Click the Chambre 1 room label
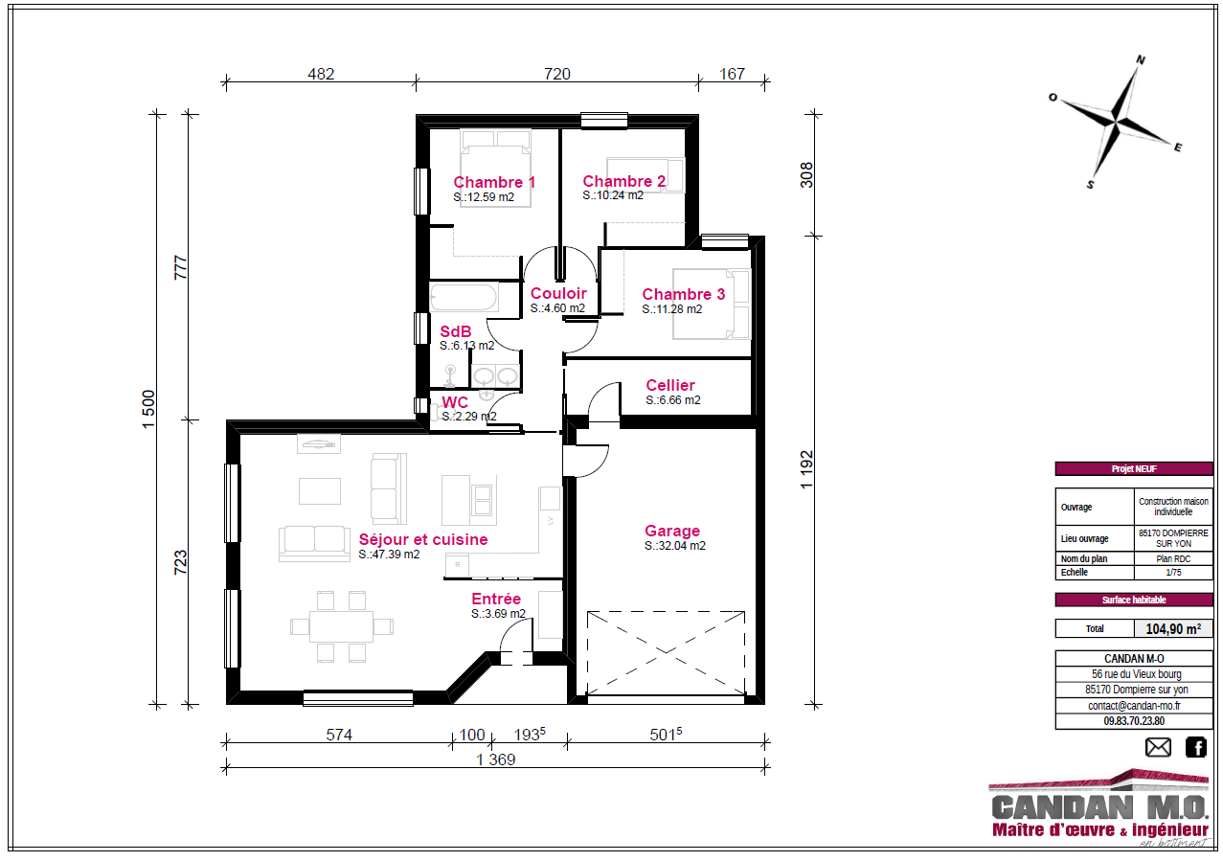pos(494,182)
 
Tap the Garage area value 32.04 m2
pos(675,545)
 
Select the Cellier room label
pos(670,385)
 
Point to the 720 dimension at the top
pos(556,74)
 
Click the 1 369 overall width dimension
pos(496,759)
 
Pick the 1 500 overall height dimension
pos(148,409)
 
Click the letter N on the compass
pos(1141,59)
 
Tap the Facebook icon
pos(1195,747)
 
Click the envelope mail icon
pos(1158,747)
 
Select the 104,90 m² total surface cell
pos(1173,628)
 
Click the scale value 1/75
pos(1173,572)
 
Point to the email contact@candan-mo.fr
pos(1134,706)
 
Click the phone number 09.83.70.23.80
pos(1134,720)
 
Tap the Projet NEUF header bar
pos(1134,468)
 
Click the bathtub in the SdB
pos(464,298)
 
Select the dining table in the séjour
pos(341,626)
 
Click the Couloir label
pos(558,293)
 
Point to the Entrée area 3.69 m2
pos(498,614)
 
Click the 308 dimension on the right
pos(806,174)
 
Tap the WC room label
pos(455,402)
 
